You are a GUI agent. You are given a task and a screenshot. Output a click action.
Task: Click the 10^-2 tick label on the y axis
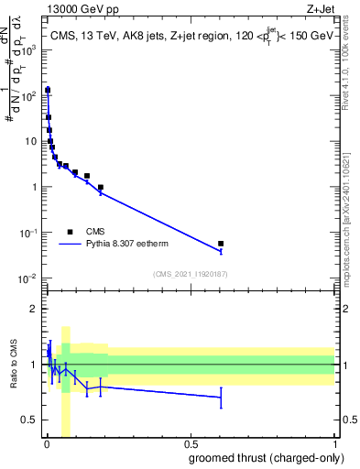tap(28, 278)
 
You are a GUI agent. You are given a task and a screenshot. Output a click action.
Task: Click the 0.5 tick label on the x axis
tap(190, 442)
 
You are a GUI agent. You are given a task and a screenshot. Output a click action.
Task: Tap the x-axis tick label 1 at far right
tap(333, 442)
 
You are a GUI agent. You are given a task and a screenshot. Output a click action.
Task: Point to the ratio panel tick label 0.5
tap(30, 420)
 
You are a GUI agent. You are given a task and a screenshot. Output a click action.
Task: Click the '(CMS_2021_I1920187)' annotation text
tap(190, 274)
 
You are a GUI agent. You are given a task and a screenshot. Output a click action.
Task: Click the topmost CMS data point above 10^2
tap(47, 90)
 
